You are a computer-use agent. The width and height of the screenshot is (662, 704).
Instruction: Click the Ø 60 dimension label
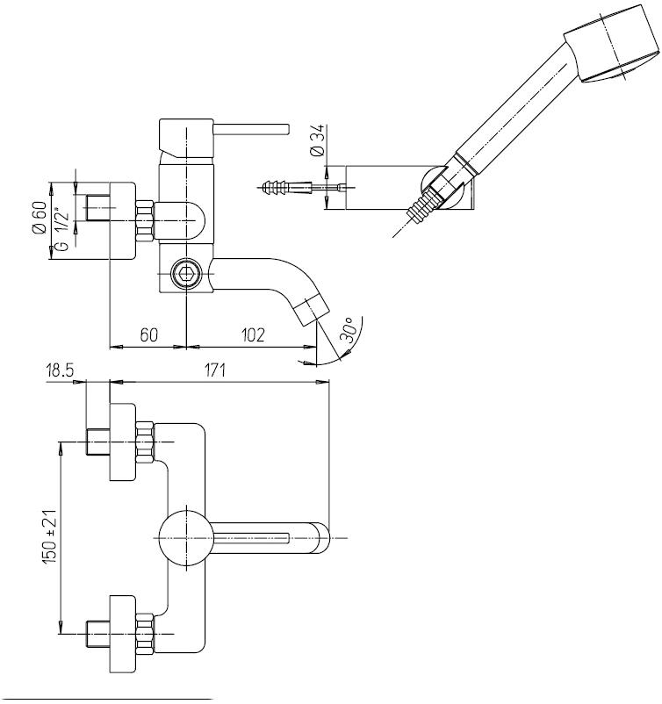click(40, 218)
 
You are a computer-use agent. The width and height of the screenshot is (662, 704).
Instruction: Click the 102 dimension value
click(253, 335)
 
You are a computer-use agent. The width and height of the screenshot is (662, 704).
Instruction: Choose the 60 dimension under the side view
click(148, 335)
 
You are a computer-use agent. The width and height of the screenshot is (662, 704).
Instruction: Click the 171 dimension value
click(212, 371)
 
